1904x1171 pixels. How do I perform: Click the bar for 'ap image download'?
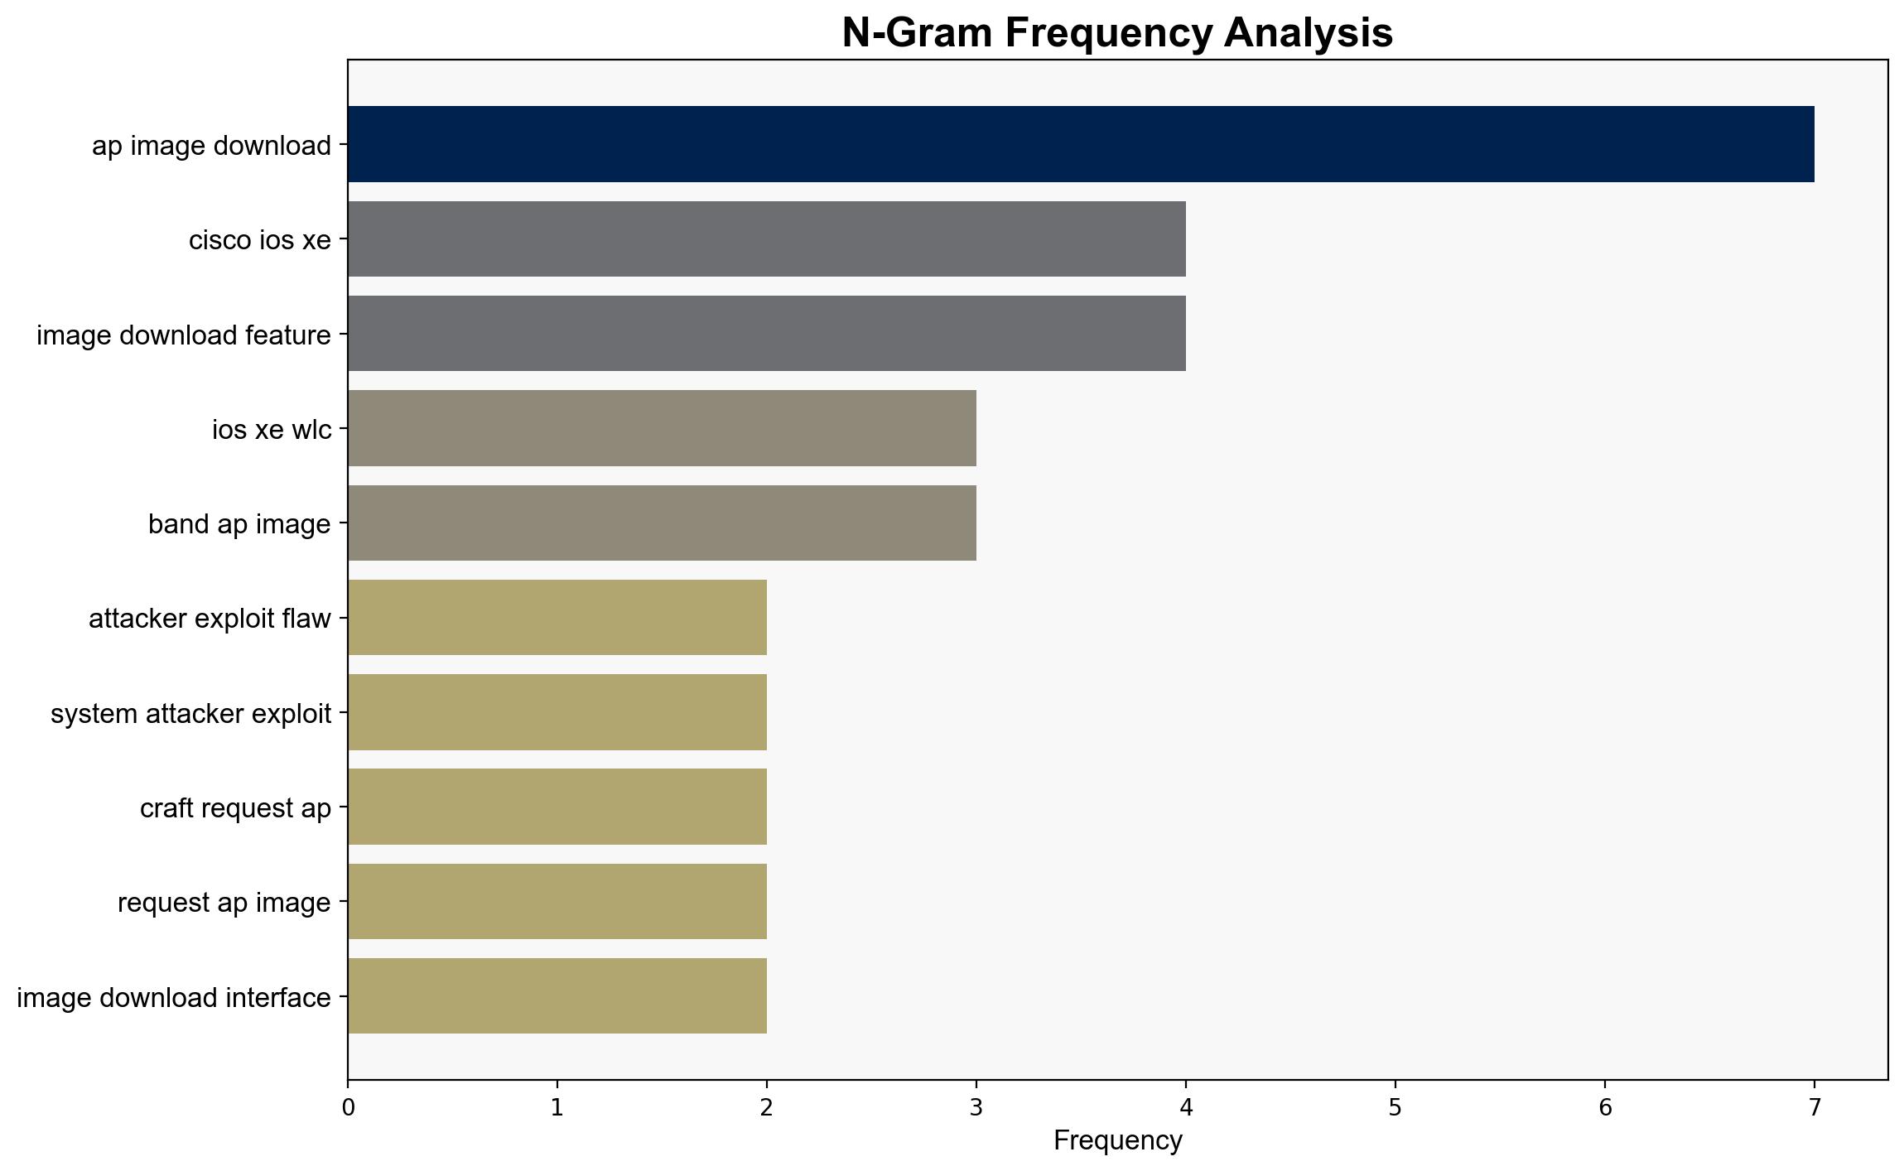tap(1081, 144)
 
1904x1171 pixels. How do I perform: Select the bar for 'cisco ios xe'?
tap(767, 239)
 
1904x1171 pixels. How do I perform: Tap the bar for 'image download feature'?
tap(767, 334)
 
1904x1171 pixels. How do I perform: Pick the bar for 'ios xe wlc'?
tap(663, 428)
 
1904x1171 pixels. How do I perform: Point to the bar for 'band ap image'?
tap(663, 523)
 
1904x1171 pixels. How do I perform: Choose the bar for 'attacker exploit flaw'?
tap(557, 618)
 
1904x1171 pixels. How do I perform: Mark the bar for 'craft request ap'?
tap(557, 807)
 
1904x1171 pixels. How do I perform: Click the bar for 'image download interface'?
tap(557, 996)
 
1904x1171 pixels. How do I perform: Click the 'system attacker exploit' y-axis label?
tap(190, 713)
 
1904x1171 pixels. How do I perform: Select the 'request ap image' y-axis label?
tap(224, 903)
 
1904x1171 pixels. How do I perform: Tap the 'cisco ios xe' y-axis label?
tap(260, 240)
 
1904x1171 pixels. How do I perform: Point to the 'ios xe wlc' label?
tap(272, 430)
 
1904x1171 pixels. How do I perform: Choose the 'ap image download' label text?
tap(211, 146)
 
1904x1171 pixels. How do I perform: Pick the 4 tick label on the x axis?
tap(1186, 1107)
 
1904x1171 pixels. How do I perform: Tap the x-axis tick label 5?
tap(1395, 1107)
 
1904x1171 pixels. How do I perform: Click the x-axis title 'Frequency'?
tap(1118, 1141)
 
